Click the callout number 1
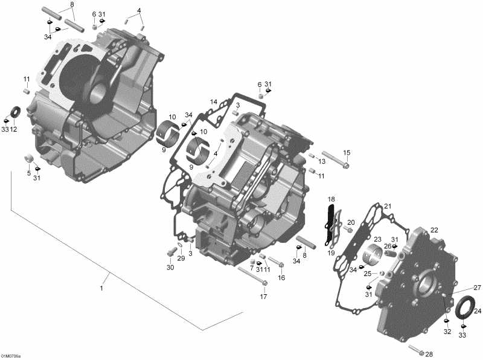pos(101,289)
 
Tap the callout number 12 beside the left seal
pos(13,129)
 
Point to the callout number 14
pos(214,102)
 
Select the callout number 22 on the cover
pos(433,230)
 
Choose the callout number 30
pos(170,268)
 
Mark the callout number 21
pos(388,206)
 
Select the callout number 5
pos(28,173)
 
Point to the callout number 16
pos(281,277)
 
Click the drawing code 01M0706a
pos(11,356)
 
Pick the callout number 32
pos(447,332)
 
